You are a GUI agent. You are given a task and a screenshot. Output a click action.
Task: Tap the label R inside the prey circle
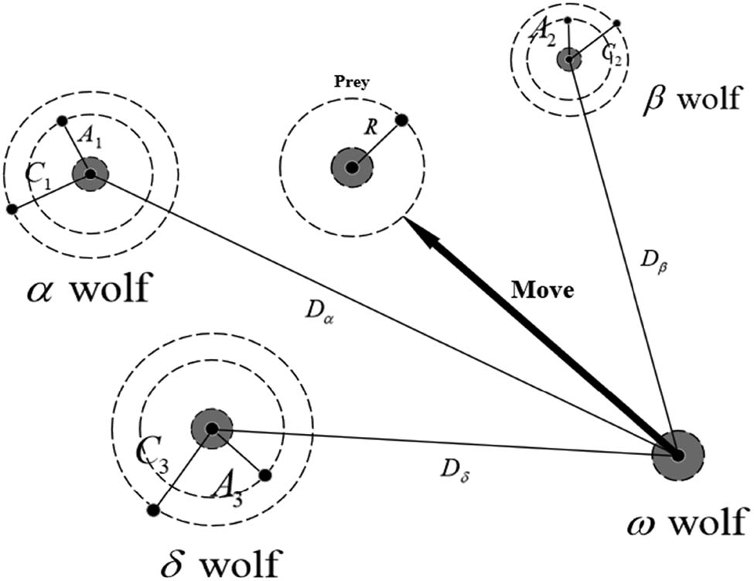coord(372,128)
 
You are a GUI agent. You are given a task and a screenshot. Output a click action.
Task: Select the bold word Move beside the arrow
coord(542,291)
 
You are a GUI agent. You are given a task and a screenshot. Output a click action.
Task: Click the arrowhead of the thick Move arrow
coord(417,231)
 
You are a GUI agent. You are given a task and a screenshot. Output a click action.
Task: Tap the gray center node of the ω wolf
coord(677,456)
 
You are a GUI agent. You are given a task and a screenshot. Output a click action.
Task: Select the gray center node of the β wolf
coord(569,58)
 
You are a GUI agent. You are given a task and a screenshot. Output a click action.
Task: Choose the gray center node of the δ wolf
coord(211,428)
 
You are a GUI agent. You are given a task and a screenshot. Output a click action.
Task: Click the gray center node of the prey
coord(352,167)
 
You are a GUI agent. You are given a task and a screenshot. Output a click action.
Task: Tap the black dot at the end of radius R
coord(401,120)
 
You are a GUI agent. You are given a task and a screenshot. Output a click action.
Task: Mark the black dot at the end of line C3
coord(153,510)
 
